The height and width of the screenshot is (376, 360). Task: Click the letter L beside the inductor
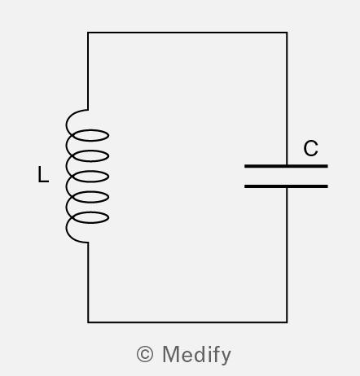point(43,174)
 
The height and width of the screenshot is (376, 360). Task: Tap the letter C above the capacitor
point(310,148)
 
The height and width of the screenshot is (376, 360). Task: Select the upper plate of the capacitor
point(286,166)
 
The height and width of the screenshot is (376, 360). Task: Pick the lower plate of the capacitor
point(286,186)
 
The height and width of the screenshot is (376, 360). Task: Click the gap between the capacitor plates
point(286,177)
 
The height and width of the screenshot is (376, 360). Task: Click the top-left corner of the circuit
point(88,33)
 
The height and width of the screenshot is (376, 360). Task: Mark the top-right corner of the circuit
point(287,33)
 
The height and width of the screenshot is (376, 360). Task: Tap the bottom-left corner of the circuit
point(88,322)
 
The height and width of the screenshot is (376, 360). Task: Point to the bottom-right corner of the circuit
point(287,322)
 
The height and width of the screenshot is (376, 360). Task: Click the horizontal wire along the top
point(187,33)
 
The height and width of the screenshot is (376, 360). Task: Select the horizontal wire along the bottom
point(187,322)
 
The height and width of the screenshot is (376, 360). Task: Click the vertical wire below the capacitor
point(287,255)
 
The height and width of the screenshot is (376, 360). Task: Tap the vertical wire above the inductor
point(88,71)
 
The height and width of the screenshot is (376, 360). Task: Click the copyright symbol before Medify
point(145,354)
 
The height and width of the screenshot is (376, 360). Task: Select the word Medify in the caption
point(197,355)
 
